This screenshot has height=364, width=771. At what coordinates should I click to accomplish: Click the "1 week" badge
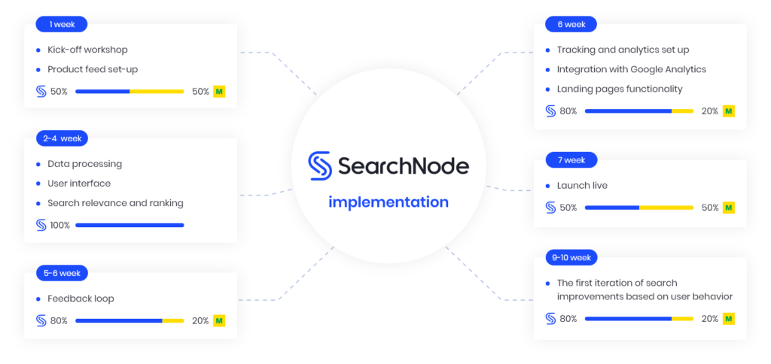click(62, 24)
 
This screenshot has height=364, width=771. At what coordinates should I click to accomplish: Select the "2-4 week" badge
click(62, 138)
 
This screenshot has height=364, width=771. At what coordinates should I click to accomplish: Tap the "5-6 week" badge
click(62, 273)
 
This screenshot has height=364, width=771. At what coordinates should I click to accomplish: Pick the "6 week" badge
click(571, 24)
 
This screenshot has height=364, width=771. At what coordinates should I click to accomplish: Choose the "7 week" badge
click(571, 159)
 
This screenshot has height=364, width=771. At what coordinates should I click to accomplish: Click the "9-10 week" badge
click(571, 257)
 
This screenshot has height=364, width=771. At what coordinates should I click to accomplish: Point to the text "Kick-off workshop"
click(87, 50)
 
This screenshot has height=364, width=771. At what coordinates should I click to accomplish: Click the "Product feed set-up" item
click(93, 70)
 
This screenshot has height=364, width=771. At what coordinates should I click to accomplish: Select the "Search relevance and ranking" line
click(115, 203)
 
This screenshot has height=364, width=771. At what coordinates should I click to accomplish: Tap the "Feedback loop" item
click(81, 299)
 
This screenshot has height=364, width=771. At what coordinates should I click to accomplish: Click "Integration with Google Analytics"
click(632, 70)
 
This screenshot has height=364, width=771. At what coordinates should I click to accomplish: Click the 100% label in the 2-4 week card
click(60, 226)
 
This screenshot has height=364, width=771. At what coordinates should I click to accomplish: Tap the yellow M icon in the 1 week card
click(219, 91)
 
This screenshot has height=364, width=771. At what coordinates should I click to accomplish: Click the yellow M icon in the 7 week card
click(729, 208)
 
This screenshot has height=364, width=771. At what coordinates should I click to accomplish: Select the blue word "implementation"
click(389, 202)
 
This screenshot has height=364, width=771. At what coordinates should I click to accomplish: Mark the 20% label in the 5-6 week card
click(200, 321)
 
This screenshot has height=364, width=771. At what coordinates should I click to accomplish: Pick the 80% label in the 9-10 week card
click(568, 319)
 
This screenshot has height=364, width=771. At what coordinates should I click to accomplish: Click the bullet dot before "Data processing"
click(38, 164)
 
